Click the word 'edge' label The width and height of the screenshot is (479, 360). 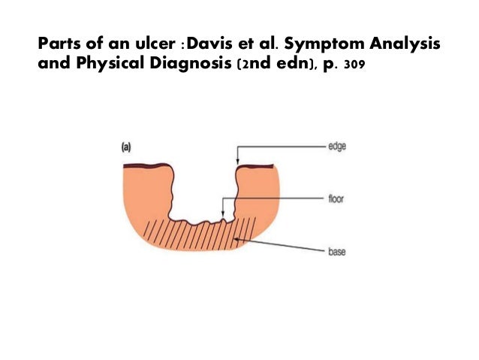pos(336,147)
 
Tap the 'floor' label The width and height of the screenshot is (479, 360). pos(335,201)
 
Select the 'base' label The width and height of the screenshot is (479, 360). pos(336,253)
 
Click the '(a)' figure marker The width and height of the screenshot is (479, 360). pos(128,149)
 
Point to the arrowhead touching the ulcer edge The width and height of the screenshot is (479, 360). pos(237,163)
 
